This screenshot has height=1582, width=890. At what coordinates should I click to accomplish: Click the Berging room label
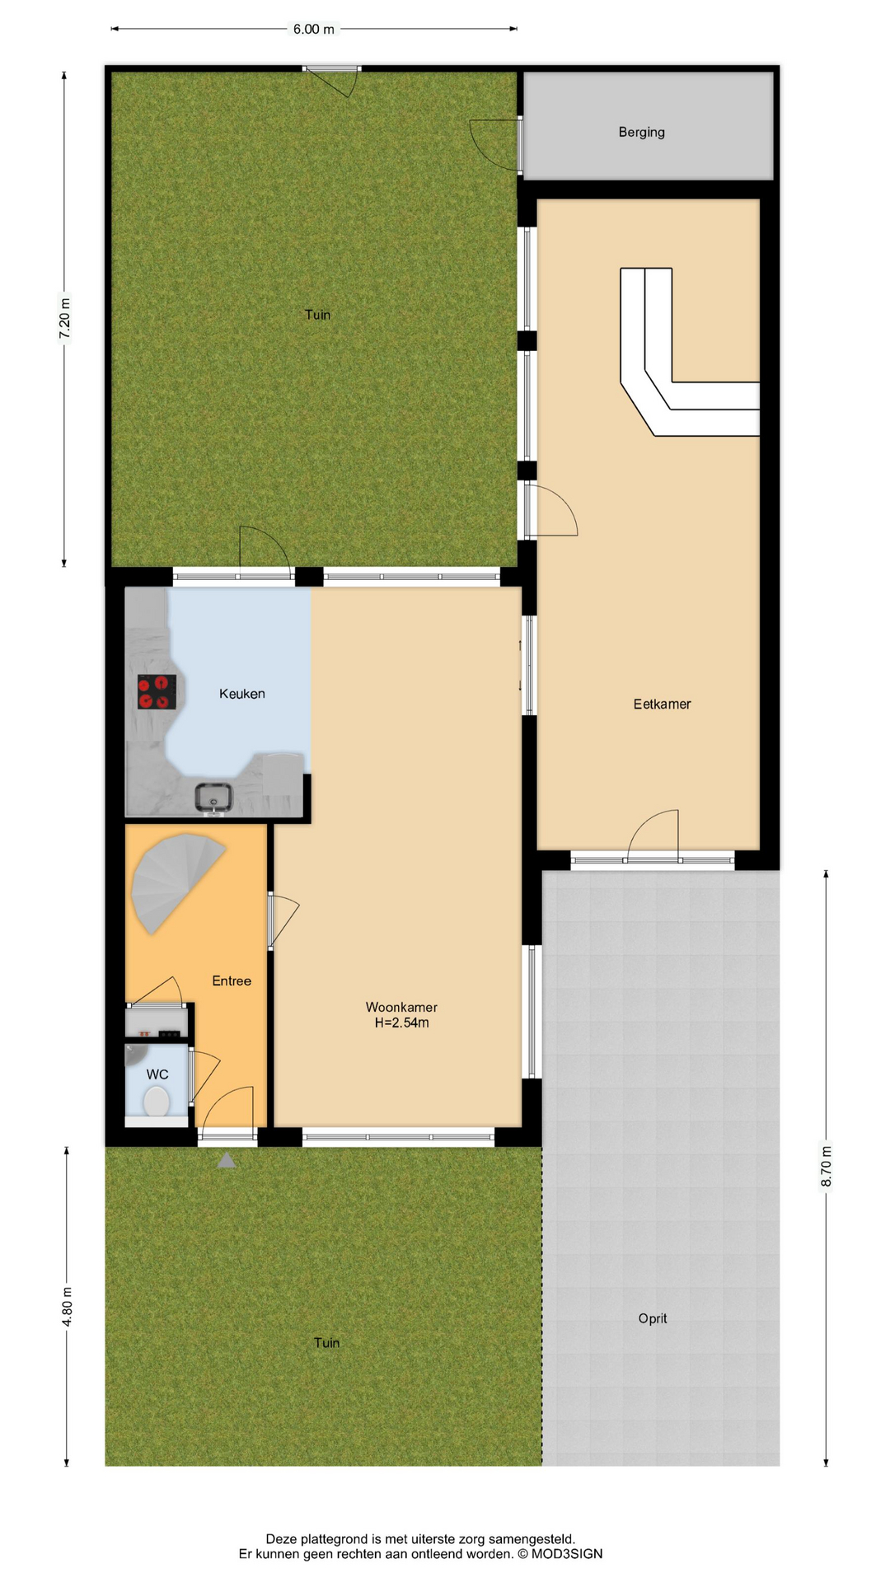pos(641,132)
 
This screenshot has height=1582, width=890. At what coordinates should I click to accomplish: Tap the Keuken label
pos(242,694)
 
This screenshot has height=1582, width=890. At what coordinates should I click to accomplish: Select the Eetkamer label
pos(662,704)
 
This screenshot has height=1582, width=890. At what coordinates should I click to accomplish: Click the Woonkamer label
pos(401,1007)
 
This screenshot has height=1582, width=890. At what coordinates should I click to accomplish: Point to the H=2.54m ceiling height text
pos(401,1023)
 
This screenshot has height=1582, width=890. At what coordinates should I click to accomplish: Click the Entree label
pos(232,981)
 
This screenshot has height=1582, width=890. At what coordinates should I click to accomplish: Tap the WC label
pos(157,1074)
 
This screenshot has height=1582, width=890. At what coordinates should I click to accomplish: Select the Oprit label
pos(653,1318)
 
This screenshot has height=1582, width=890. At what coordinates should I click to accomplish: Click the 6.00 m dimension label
pos(314,30)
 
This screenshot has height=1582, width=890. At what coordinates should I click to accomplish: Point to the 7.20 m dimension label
pos(65,316)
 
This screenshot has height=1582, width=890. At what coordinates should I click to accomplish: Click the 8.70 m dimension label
pos(827,1167)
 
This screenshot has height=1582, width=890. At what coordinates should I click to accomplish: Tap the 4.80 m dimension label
pos(68,1307)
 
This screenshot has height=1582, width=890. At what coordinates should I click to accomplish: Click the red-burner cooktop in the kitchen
pos(157,691)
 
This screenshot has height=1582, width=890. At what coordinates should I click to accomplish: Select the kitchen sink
pos(214,798)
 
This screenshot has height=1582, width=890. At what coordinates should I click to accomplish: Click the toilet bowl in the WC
pos(156,1101)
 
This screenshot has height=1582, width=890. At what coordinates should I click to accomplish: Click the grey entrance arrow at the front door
pos(227,1160)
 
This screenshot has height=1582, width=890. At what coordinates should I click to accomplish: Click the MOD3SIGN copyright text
pos(560,1554)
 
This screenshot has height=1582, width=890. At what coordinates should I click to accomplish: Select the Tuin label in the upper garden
pos(317,315)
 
